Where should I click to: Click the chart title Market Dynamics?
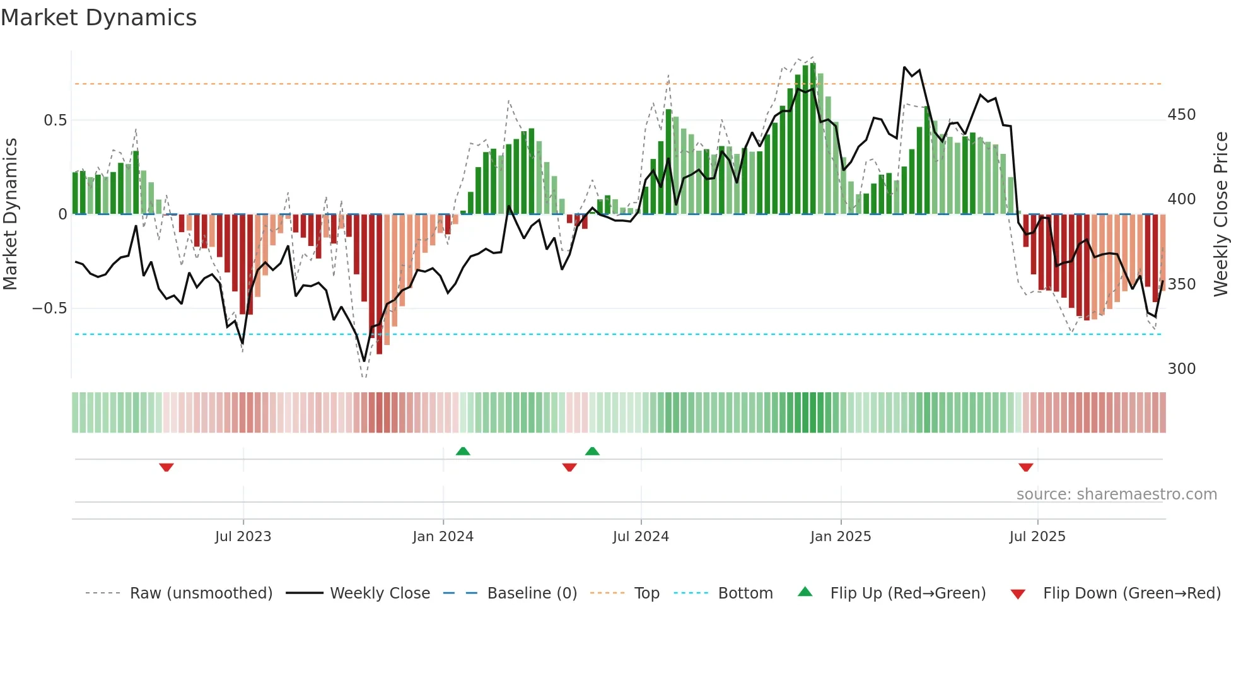point(98,18)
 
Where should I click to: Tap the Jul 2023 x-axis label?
point(243,537)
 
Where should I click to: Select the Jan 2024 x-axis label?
point(443,537)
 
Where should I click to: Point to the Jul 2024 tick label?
point(640,537)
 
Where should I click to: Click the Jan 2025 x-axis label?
point(840,537)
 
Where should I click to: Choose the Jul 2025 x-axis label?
point(1037,537)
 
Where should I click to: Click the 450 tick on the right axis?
point(1181,115)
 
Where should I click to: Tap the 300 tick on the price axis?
point(1181,369)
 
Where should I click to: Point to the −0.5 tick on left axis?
point(49,308)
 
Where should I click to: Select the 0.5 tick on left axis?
point(55,120)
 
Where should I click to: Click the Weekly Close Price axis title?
point(1221,214)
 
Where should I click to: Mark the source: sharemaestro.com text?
point(1116,494)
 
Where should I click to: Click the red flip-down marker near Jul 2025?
point(1025,467)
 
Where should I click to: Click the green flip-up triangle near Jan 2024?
point(463,451)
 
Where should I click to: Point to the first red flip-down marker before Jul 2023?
point(166,467)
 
